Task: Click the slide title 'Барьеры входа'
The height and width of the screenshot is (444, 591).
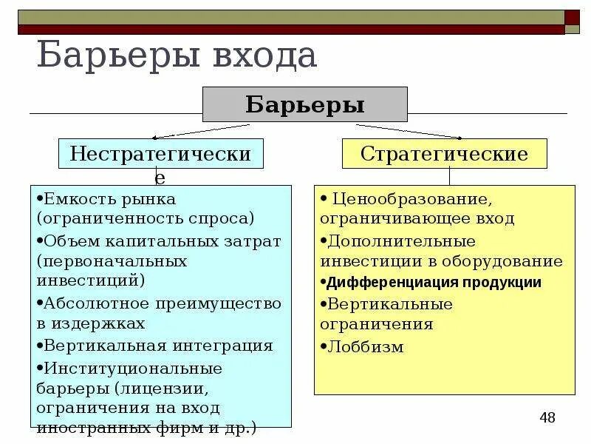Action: pos(177,58)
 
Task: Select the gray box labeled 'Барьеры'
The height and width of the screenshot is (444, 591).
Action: pos(305,104)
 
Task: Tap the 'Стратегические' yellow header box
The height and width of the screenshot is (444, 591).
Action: pos(444,154)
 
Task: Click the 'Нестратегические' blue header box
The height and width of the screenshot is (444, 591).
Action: pos(160,154)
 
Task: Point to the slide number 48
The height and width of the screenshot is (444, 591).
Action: pos(547,417)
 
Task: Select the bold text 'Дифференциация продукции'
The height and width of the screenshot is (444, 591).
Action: pos(434,283)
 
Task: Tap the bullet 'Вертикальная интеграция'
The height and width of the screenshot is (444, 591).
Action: pos(158,346)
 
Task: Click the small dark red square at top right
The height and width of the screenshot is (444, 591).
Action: pos(573,17)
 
